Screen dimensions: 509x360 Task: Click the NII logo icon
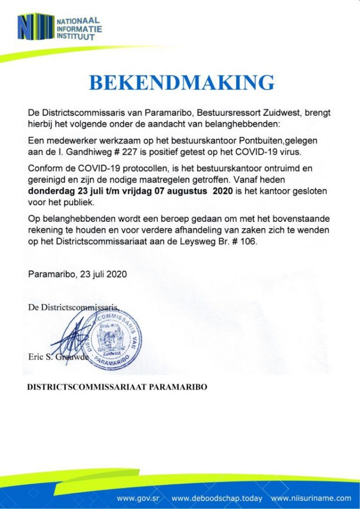pos(35,27)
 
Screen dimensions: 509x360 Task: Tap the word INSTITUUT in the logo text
pos(75,37)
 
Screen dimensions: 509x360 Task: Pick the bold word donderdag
pos(50,191)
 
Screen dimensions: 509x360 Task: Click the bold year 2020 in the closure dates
pos(222,191)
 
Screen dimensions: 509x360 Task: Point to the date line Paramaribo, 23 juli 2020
pos(77,274)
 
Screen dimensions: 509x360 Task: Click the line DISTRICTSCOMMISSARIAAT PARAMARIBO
pos(117,387)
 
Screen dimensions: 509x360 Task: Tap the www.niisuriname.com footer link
pos(311,498)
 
